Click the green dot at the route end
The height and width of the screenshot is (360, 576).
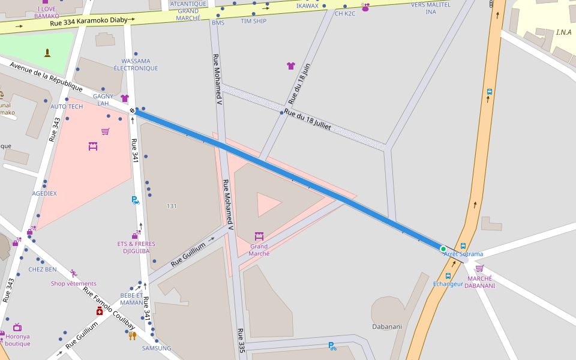(443, 249)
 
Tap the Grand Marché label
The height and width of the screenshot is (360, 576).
(259, 250)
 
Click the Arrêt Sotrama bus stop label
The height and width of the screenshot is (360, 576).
(463, 254)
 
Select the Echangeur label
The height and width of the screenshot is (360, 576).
(448, 284)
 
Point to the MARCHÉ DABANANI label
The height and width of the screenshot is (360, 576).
(480, 282)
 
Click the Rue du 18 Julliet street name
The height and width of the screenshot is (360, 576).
(307, 121)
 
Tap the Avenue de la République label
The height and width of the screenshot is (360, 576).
(46, 76)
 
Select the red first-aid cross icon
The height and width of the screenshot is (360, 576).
(100, 311)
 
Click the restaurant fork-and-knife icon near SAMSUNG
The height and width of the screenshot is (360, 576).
(133, 336)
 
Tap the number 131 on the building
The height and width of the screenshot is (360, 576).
(172, 206)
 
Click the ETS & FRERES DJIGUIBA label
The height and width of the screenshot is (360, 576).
(136, 248)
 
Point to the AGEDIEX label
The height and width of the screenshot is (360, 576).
(44, 194)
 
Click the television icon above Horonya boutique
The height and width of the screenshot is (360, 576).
(17, 327)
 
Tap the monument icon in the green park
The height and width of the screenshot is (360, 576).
(47, 53)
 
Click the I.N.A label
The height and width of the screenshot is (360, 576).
(563, 32)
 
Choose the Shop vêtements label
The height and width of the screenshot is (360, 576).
(73, 284)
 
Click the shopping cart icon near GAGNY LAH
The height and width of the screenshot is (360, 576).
(106, 131)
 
